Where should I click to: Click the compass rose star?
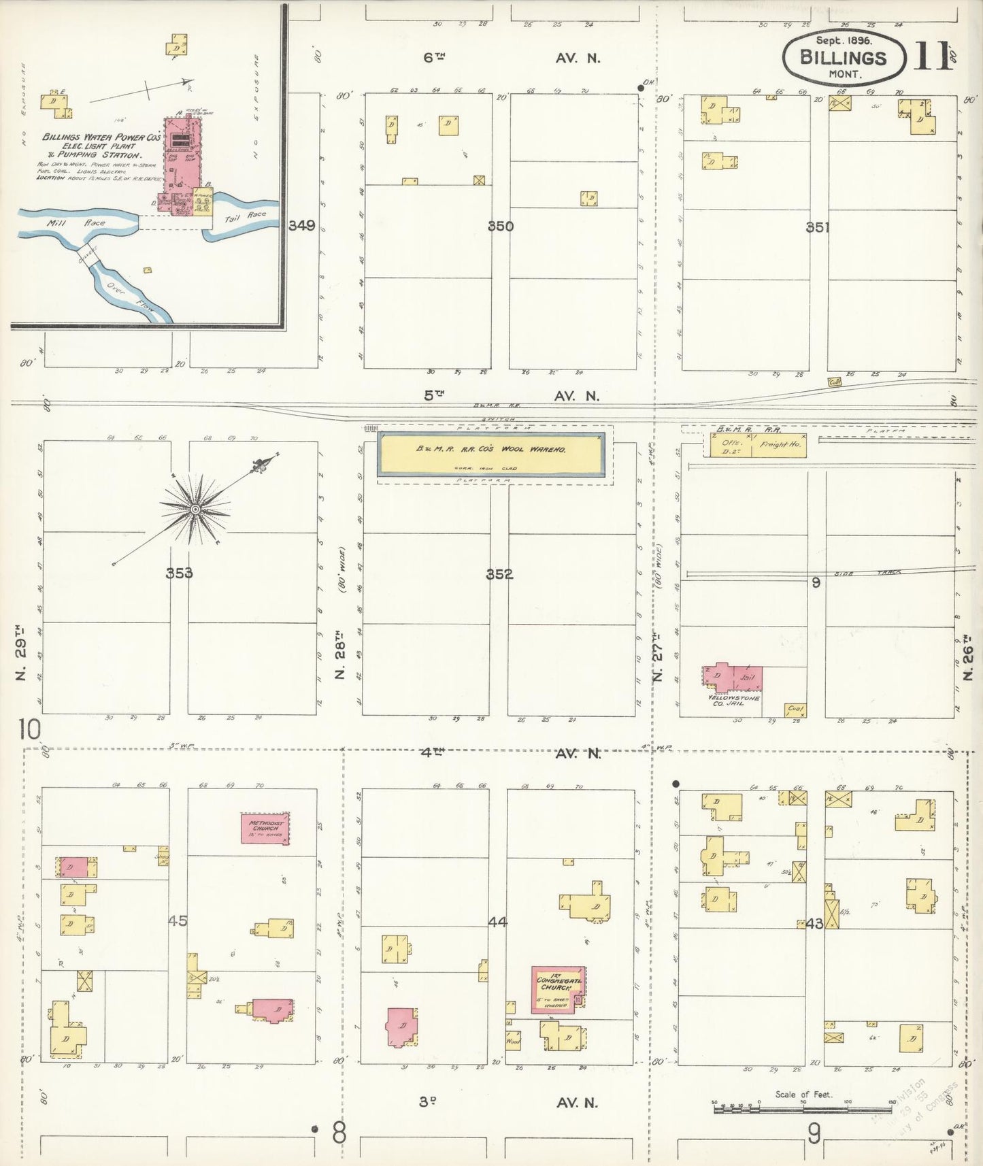(195, 508)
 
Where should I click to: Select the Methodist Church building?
(265, 828)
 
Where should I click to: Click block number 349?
(301, 226)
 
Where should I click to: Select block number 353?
(179, 573)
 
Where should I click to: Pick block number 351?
(817, 227)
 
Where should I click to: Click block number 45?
(178, 920)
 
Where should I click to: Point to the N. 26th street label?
(967, 658)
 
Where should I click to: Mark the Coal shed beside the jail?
(795, 710)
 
